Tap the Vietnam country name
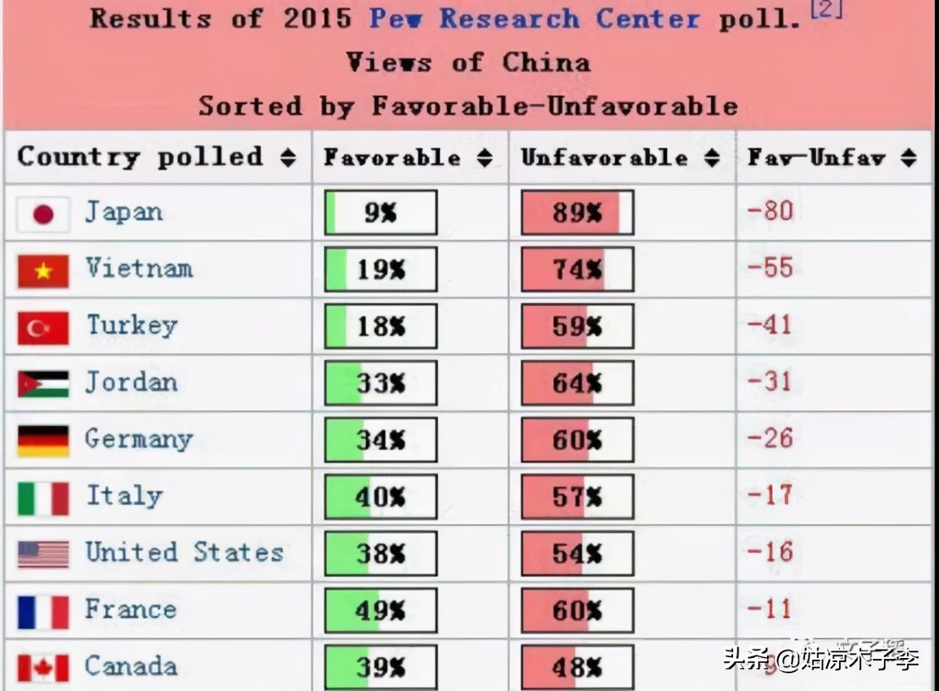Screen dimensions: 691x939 (x=139, y=268)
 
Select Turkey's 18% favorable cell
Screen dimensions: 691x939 (x=381, y=326)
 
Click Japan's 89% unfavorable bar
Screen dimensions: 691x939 (x=576, y=213)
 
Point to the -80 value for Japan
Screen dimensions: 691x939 (x=770, y=210)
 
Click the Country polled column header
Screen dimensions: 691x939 (x=140, y=157)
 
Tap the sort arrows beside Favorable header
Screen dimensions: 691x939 (x=485, y=158)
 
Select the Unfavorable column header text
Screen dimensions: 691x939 (x=604, y=158)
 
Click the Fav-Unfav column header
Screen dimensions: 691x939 (x=816, y=158)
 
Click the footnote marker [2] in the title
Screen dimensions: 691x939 (x=826, y=10)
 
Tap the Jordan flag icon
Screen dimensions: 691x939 (x=42, y=384)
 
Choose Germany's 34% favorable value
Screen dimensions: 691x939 (x=381, y=440)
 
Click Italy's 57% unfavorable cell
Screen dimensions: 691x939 (x=576, y=497)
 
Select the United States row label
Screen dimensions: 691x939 (x=184, y=552)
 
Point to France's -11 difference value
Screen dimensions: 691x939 (x=770, y=609)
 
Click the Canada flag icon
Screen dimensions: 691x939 (x=42, y=668)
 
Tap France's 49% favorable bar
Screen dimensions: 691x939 (x=381, y=611)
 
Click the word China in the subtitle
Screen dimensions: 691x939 (x=546, y=62)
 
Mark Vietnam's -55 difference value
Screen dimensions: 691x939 (x=770, y=268)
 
